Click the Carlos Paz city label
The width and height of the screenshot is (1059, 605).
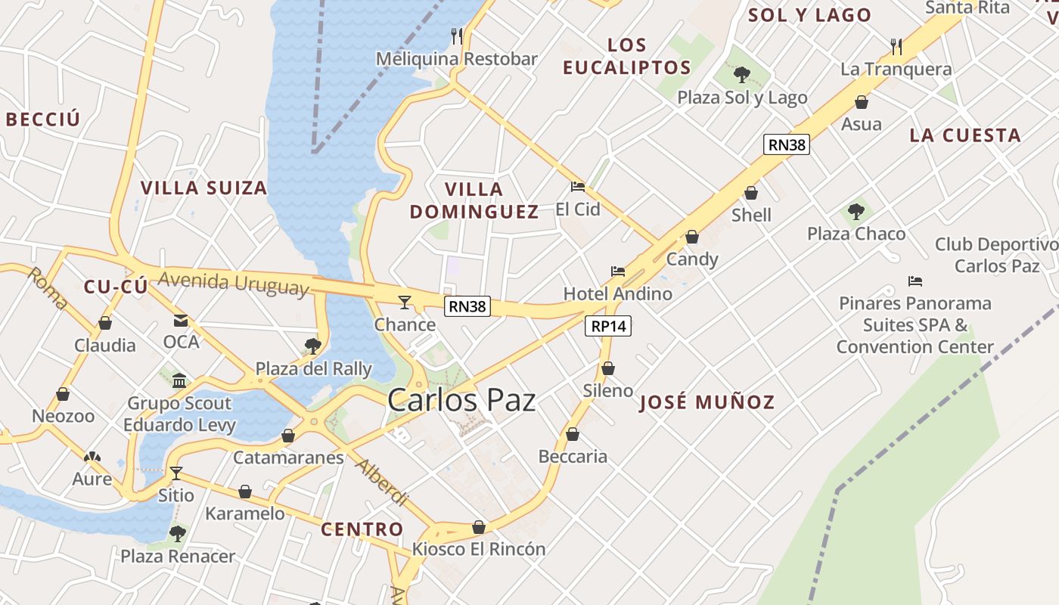click(x=461, y=400)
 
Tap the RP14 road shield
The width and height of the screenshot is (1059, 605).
click(x=608, y=326)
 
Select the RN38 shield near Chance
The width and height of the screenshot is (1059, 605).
click(x=468, y=306)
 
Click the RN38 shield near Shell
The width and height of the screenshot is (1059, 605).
click(x=787, y=144)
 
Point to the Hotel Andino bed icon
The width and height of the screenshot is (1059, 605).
click(x=618, y=271)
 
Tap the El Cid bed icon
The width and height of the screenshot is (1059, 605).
click(x=578, y=187)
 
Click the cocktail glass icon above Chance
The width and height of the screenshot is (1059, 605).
click(x=405, y=302)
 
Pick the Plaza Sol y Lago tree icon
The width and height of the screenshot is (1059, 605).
click(x=742, y=75)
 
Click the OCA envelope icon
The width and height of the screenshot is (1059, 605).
click(x=181, y=321)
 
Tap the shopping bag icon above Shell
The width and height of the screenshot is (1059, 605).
click(x=751, y=194)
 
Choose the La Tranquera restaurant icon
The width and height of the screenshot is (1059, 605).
click(x=896, y=47)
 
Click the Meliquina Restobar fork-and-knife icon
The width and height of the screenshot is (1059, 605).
click(x=457, y=36)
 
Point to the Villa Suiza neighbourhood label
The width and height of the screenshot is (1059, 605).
click(x=204, y=188)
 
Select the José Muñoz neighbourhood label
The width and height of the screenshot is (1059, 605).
click(x=707, y=402)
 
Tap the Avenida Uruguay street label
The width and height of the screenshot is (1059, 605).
click(x=234, y=282)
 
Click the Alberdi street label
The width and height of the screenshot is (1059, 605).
click(x=382, y=482)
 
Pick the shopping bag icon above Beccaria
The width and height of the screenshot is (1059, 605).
click(x=573, y=435)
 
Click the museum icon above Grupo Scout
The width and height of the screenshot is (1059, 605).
click(x=179, y=380)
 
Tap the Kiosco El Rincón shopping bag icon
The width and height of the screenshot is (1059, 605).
click(x=479, y=527)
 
